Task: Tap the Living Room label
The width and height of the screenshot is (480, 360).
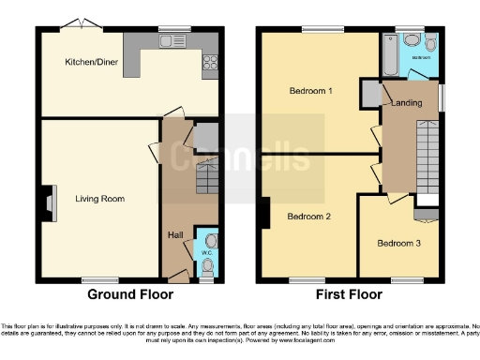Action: point(100,199)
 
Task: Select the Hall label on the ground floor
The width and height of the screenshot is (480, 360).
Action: point(174,234)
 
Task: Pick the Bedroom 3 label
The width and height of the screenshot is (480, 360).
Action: point(398,243)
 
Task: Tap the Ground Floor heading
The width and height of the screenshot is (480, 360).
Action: point(130,293)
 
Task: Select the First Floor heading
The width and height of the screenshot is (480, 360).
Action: point(350,293)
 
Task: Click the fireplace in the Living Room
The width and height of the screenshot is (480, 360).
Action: point(47,200)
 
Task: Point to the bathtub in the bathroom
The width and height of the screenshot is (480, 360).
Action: point(389,57)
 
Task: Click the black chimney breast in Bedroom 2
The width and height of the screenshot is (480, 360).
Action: point(266,215)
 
